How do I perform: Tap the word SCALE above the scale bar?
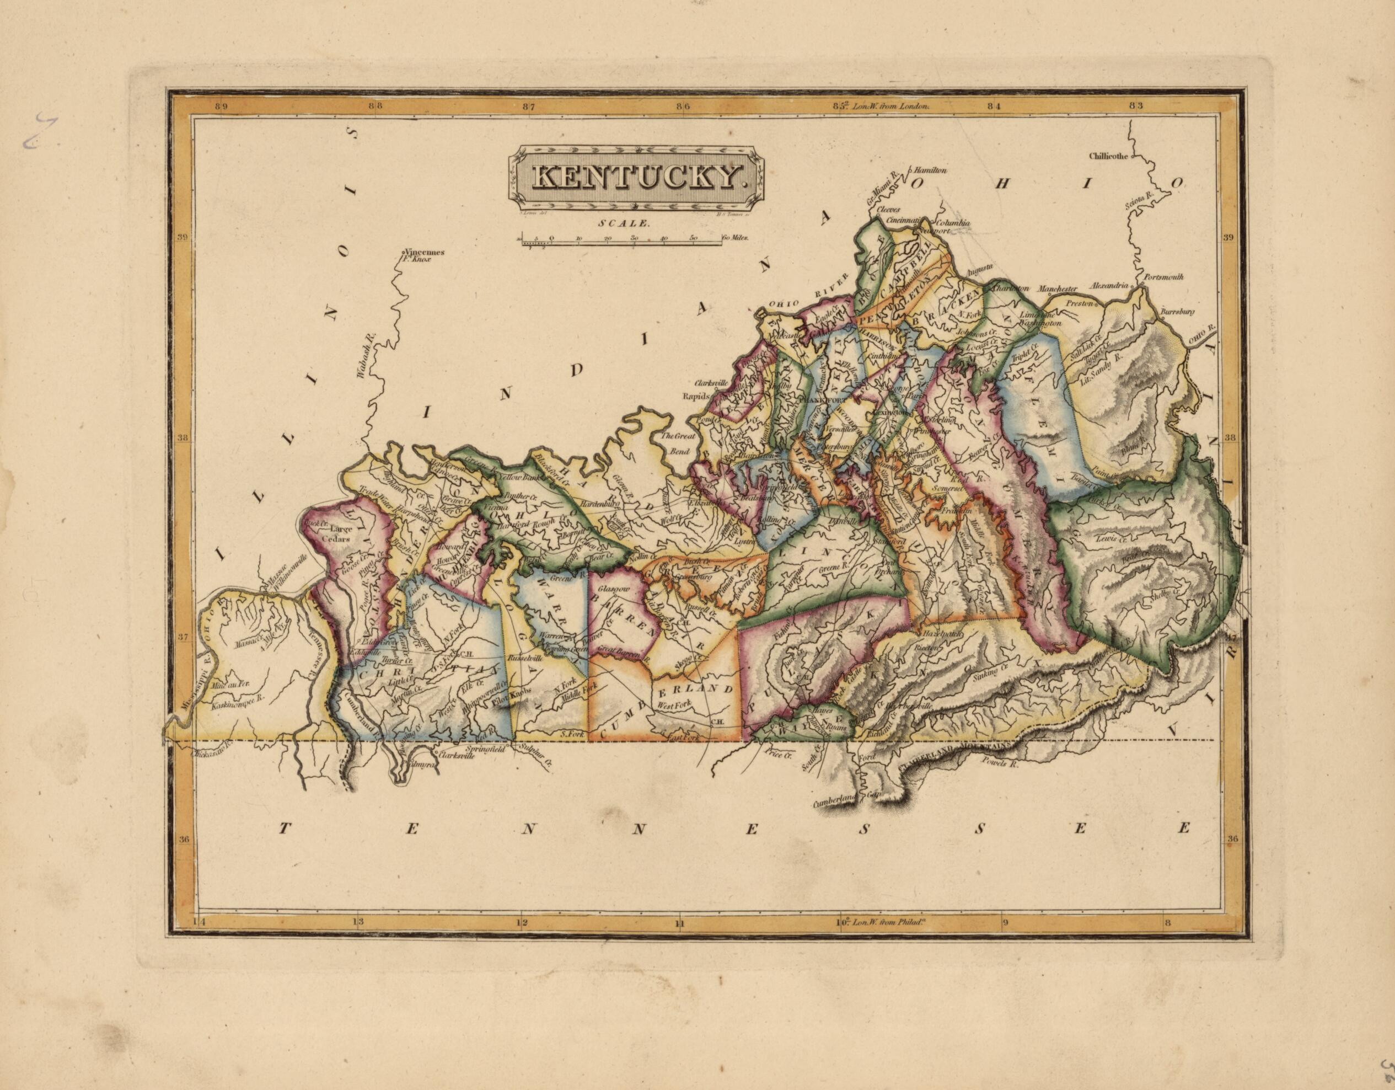point(632,225)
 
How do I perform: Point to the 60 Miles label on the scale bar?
point(734,238)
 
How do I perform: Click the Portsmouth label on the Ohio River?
point(1164,277)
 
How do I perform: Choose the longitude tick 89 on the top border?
point(221,106)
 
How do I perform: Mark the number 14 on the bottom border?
point(200,922)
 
